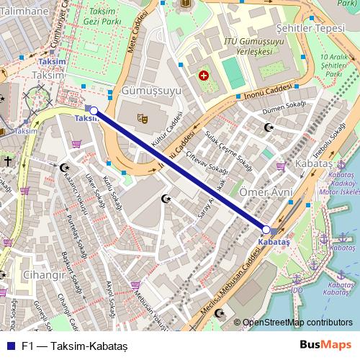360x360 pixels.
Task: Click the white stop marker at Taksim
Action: (94, 111)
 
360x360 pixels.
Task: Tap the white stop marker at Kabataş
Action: (266, 230)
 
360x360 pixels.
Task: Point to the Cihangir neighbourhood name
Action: (45, 275)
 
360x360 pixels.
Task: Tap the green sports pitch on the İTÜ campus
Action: (233, 73)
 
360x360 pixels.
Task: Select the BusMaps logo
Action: (327, 345)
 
